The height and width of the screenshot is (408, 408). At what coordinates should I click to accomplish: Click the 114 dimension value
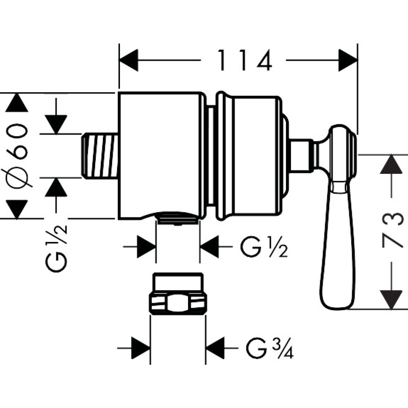pos(244,60)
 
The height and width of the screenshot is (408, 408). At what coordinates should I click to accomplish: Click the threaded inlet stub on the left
pos(100,155)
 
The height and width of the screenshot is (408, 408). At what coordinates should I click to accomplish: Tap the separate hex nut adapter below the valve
pos(178,294)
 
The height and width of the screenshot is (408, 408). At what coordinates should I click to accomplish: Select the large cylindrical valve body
pos(160,155)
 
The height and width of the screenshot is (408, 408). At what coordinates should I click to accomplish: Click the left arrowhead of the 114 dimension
pos(129,60)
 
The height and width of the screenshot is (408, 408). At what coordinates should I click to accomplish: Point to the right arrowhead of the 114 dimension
pos(348,60)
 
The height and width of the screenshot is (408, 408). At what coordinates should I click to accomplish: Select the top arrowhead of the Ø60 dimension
pos(17,103)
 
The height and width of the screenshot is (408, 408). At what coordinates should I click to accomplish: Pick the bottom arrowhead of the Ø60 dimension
pos(17,209)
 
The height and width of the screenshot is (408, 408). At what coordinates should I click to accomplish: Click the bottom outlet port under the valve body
pos(178,218)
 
